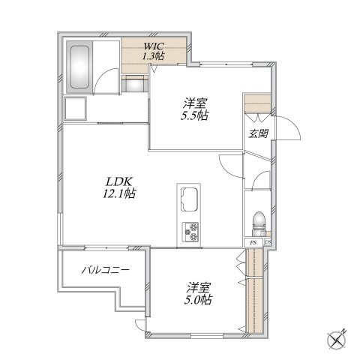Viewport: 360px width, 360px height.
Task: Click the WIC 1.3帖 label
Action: point(153,52)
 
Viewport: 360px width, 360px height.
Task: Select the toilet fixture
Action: point(259,224)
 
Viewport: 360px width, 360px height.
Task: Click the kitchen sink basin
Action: point(189,199)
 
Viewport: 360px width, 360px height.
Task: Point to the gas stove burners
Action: point(190,232)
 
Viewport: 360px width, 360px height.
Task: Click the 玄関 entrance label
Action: point(258,134)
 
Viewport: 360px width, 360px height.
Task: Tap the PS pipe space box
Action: point(253,242)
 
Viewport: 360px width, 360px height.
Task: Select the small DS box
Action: point(268,242)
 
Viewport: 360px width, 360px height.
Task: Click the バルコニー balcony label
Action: point(106,270)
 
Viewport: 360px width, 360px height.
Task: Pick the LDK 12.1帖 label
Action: point(119,187)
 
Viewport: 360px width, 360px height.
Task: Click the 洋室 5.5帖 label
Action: point(195,109)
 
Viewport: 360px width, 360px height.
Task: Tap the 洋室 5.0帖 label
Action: point(198,293)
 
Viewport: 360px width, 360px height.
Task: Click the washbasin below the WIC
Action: point(135,85)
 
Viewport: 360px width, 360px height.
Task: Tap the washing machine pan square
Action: point(76,109)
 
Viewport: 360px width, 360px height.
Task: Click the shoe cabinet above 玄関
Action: point(257,103)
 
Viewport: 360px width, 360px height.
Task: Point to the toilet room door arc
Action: point(259,178)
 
